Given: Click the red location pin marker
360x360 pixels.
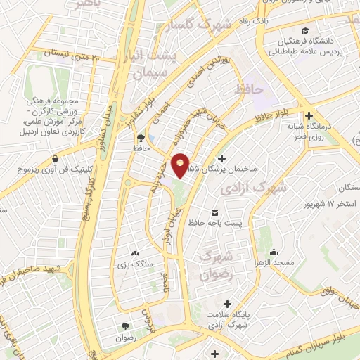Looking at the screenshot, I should (x=181, y=166).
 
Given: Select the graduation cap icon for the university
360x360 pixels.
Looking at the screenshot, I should (x=306, y=30).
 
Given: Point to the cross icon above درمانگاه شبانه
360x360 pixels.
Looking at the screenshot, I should (x=308, y=116).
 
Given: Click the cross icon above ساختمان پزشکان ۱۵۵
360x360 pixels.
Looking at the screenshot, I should (x=224, y=159).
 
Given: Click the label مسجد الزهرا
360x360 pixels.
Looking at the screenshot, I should (x=274, y=263).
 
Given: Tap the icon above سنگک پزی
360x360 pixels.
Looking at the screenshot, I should (x=134, y=252).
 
